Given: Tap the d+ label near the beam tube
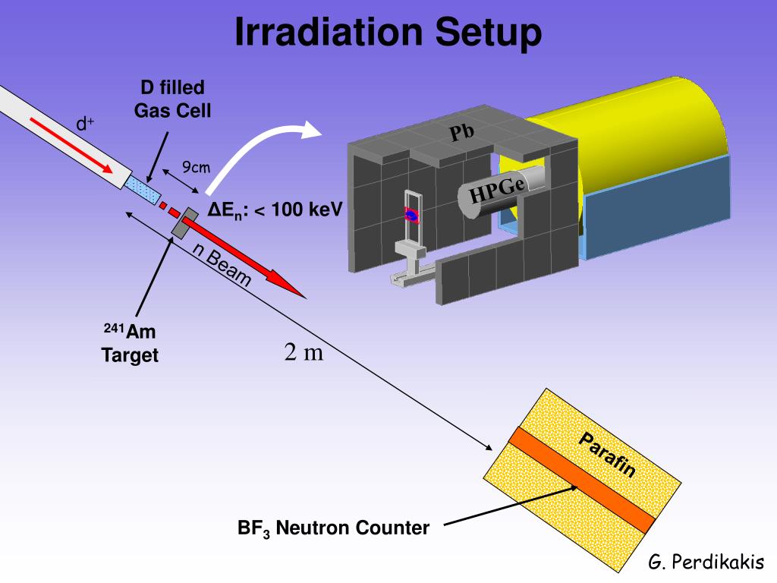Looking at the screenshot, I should pos(84,123).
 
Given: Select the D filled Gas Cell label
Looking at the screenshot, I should pos(173,99).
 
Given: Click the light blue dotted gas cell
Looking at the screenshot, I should pos(145,190).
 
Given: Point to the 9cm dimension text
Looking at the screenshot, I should pos(195,167).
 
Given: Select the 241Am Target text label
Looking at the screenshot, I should pos(131,343).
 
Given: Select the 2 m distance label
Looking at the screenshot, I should pos(304,352).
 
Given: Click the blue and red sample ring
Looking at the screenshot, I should pos(411,216).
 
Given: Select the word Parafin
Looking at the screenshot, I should pos(607,455).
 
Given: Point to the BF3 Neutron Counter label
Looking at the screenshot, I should pos(333,528).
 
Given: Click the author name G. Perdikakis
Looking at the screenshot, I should pos(706,563).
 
